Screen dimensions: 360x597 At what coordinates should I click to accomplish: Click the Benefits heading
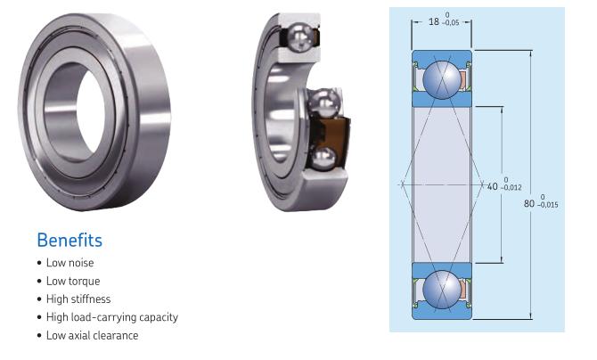click(x=70, y=241)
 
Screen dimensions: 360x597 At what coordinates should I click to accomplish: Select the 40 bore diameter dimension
click(x=493, y=186)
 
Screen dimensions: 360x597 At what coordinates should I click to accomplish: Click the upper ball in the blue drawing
click(x=443, y=79)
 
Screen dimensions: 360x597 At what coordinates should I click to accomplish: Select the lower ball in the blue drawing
click(x=443, y=290)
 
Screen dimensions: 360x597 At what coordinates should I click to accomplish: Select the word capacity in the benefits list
click(x=158, y=317)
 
